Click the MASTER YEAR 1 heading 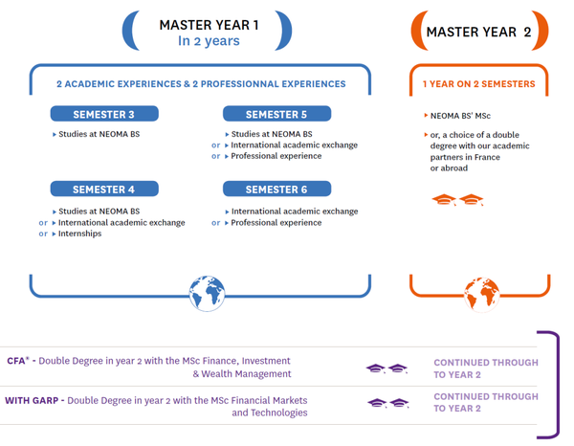(209, 25)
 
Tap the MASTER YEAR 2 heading (478, 32)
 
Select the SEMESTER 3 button (104, 115)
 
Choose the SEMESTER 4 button (104, 190)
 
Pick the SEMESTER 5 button (276, 115)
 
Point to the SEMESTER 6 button (276, 190)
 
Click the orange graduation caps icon (458, 200)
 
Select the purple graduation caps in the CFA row (386, 368)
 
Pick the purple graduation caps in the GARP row (386, 403)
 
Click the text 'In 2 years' (209, 41)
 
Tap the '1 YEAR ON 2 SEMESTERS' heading (479, 84)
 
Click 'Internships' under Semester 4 (81, 234)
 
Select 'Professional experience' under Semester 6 (276, 223)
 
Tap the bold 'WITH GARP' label (33, 400)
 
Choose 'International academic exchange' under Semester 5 (294, 145)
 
